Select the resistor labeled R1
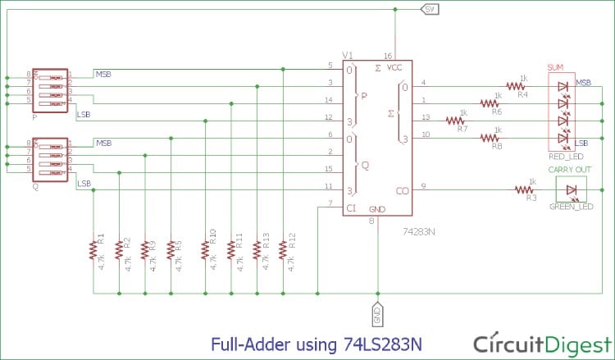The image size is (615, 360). click(x=93, y=249)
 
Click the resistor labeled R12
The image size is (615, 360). click(x=283, y=249)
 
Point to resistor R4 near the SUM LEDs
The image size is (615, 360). click(x=515, y=85)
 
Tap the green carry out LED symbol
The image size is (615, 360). click(x=572, y=190)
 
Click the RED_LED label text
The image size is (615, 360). click(x=567, y=154)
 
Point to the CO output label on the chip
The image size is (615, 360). click(x=403, y=191)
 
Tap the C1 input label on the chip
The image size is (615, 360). click(x=350, y=208)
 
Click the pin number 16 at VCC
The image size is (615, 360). click(x=388, y=55)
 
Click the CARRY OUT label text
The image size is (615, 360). click(x=572, y=171)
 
